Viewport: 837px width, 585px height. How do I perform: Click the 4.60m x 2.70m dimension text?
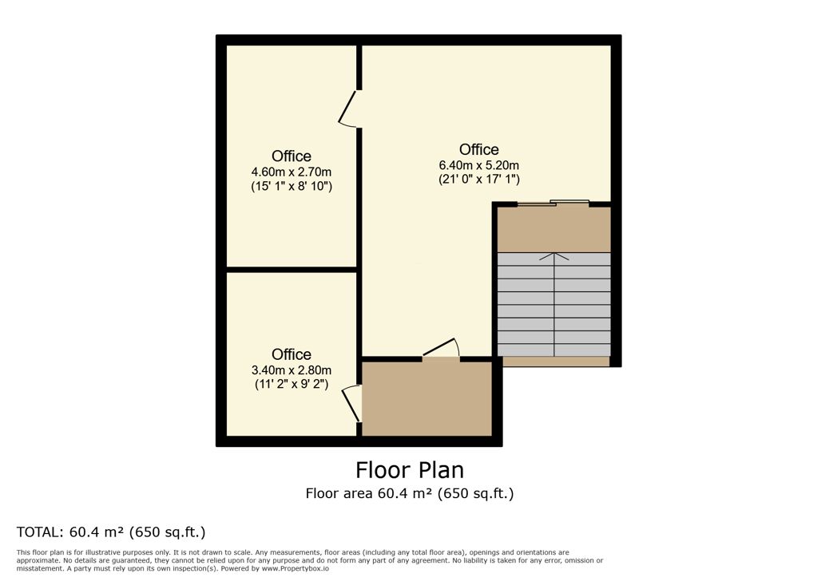click(x=292, y=172)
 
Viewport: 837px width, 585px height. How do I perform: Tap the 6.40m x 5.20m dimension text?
click(x=479, y=165)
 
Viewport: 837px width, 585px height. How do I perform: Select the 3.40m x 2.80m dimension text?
click(x=292, y=370)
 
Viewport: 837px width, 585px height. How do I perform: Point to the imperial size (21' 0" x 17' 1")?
click(x=479, y=180)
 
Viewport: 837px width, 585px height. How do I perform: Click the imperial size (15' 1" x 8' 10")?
click(x=292, y=186)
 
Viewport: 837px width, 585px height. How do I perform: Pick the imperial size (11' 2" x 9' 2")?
click(x=292, y=384)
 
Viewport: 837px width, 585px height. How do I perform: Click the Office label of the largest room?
click(x=479, y=149)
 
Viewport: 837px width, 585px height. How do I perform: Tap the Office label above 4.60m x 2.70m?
click(x=292, y=156)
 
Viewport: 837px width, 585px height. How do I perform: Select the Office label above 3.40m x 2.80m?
click(x=292, y=354)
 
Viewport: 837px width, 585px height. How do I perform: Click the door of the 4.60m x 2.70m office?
click(x=347, y=109)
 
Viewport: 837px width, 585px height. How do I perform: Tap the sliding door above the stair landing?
click(x=553, y=203)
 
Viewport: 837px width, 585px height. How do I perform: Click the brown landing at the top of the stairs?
click(x=554, y=229)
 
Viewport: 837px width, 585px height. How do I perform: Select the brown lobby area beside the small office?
click(x=427, y=399)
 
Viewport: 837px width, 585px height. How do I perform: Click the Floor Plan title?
click(x=410, y=470)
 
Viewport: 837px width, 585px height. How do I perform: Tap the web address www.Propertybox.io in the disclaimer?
click(x=296, y=568)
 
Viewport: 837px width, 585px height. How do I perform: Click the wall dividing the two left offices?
click(x=292, y=270)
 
